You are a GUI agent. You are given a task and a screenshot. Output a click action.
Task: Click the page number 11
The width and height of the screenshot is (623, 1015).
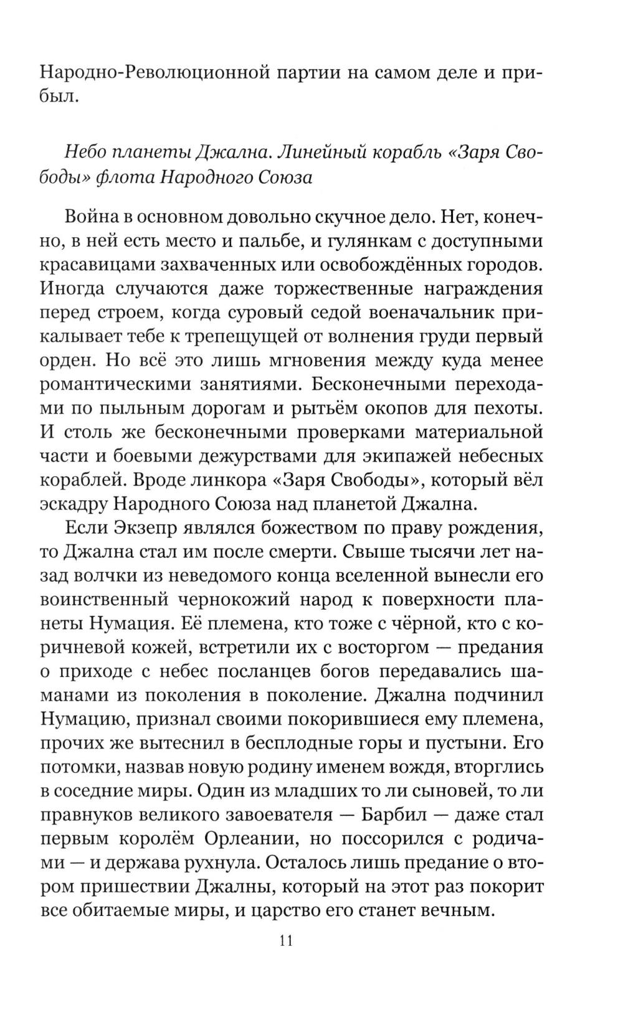(287, 940)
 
